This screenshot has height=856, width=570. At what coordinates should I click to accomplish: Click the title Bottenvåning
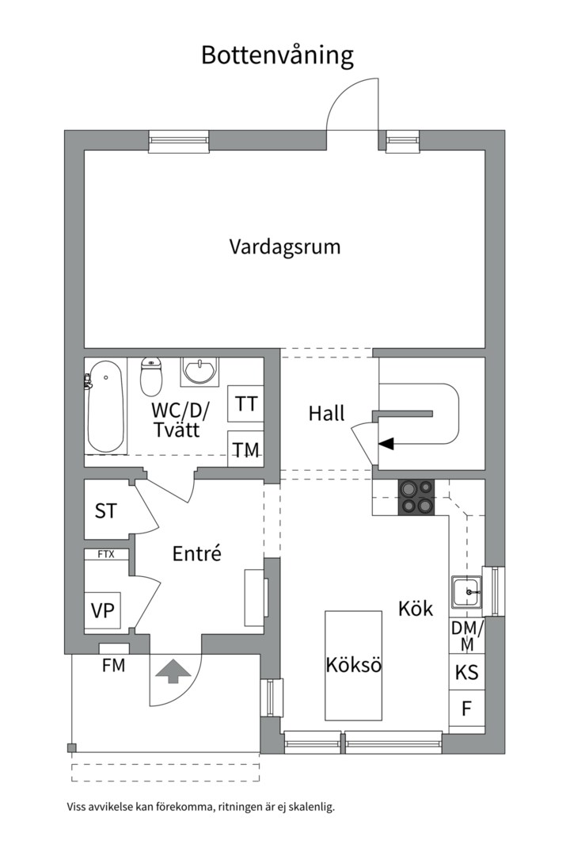click(x=276, y=55)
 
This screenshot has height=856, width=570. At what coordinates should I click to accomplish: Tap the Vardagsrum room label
click(x=285, y=246)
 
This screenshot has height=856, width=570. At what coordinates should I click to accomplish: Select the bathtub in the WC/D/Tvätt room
click(x=105, y=406)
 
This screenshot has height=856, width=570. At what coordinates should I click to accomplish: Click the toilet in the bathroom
click(x=151, y=376)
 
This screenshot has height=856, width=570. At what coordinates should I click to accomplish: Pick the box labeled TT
click(x=246, y=404)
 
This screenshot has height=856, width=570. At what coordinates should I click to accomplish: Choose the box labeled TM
click(x=246, y=450)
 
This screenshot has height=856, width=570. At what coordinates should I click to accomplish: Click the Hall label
click(x=326, y=413)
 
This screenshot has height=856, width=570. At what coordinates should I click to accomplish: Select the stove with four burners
click(x=416, y=497)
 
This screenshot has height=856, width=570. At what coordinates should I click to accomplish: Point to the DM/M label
click(x=467, y=636)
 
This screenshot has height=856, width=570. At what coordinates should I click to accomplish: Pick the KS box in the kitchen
click(x=467, y=673)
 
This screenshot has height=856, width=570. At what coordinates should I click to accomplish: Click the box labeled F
click(x=467, y=709)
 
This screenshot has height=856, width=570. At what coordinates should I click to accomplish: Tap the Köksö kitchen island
click(x=353, y=665)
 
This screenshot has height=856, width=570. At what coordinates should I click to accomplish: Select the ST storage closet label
click(x=106, y=511)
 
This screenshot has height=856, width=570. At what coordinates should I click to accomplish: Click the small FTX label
click(x=106, y=554)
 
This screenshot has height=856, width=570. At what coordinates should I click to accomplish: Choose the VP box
click(x=102, y=610)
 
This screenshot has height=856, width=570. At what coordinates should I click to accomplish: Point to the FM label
click(x=113, y=666)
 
